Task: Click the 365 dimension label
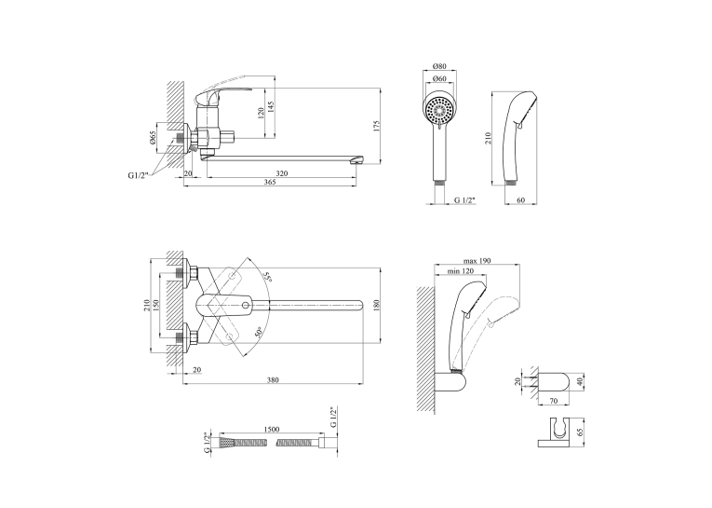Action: (x=270, y=182)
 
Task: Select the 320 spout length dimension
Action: (x=281, y=173)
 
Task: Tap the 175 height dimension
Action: (x=376, y=127)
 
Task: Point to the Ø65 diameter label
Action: (x=153, y=138)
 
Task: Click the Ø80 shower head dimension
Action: (x=439, y=66)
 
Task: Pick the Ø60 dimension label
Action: (x=439, y=78)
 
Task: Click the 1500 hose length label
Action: (x=272, y=430)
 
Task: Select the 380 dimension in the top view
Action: (x=273, y=380)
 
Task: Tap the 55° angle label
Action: (x=267, y=277)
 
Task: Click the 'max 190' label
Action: (x=477, y=261)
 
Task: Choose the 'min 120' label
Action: (x=461, y=271)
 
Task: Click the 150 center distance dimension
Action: (x=155, y=305)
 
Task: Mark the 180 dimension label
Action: (x=376, y=305)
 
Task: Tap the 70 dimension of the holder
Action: (x=554, y=401)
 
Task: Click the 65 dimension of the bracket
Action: (x=581, y=432)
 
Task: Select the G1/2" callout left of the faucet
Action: (x=139, y=175)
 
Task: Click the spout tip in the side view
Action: (x=360, y=160)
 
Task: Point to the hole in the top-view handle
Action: (x=246, y=305)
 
